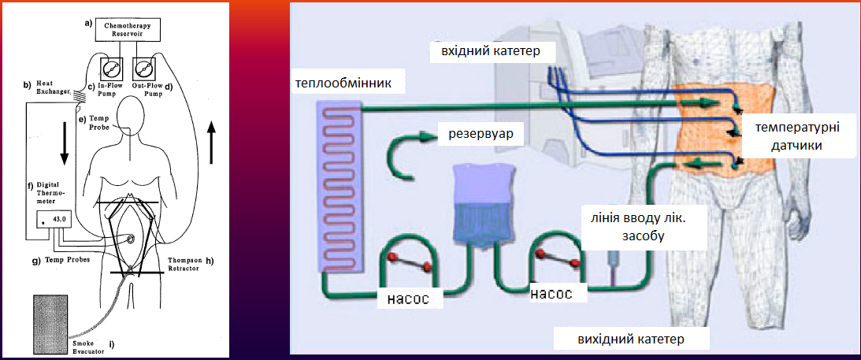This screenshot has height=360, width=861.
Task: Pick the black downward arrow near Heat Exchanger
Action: [65, 142]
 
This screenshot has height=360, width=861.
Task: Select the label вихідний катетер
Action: [631, 338]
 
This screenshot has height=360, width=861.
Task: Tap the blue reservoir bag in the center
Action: [482, 207]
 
